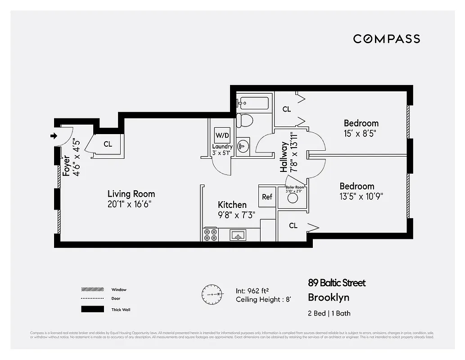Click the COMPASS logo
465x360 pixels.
click(386, 39)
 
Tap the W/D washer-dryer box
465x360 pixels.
click(222, 135)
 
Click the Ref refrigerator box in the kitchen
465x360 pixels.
click(267, 197)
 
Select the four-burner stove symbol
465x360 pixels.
click(210, 234)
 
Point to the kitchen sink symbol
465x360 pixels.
click(237, 234)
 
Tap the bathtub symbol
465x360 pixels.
click(253, 103)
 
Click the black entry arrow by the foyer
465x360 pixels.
click(54, 135)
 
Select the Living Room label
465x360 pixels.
click(131, 194)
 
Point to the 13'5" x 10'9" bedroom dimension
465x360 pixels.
click(361, 196)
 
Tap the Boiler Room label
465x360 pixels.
click(295, 187)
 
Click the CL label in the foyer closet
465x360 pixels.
click(108, 144)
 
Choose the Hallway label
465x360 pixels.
click(284, 157)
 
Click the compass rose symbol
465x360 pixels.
click(211, 294)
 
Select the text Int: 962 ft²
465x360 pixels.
click(256, 291)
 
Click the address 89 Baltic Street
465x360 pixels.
click(337, 283)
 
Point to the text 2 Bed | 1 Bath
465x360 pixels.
click(329, 313)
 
